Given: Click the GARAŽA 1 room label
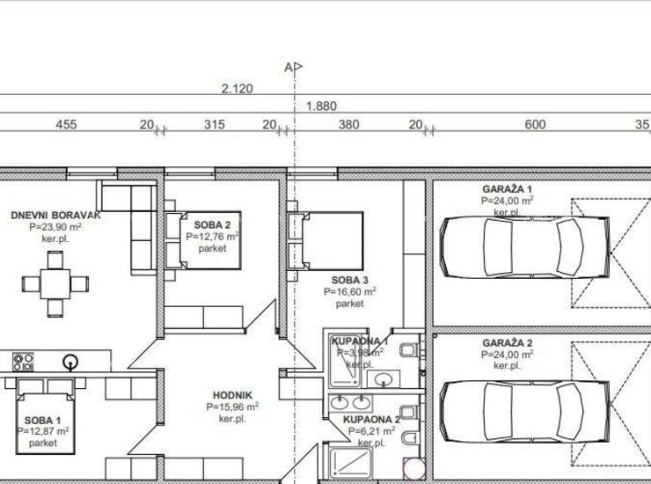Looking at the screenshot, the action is pos(507,189).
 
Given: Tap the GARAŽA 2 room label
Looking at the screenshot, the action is pos(507,343).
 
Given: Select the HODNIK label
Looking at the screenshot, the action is pos(232,395).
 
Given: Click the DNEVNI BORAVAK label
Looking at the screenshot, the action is pos(55,216).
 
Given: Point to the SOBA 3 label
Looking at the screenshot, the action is pos(350,280).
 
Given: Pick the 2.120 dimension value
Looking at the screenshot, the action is pos(237,89).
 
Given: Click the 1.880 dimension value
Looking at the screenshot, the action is pos(321,106).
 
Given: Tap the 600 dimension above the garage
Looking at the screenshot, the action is pos(535,125).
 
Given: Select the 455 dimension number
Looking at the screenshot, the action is pos(67,125).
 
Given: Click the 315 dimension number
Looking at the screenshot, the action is pos(215,125).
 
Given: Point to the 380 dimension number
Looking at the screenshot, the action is pos(348,125).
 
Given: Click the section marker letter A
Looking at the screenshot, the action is pos(289,67).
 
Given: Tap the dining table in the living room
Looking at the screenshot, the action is pos(55,284).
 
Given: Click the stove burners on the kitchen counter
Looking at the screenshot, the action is pos(23,362).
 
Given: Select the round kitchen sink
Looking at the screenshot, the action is pos(70,362).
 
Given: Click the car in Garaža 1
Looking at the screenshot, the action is pos(525,247).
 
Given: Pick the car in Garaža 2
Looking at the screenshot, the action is pos(525,412).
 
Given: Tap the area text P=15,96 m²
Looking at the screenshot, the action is pos(232,407).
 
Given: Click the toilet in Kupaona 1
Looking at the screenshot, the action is pos(409,350).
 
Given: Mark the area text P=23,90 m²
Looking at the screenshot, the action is pos(55,227).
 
